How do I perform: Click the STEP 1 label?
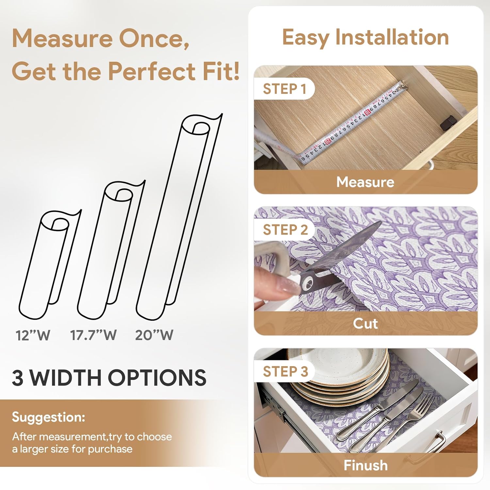(284, 89)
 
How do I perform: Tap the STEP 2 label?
(285, 230)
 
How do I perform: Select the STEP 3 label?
(285, 371)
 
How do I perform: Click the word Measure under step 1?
(365, 182)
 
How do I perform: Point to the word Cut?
(365, 323)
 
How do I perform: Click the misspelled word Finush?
(366, 465)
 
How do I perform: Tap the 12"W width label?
(33, 335)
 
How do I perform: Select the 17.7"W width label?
(93, 335)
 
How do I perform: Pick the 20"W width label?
(154, 335)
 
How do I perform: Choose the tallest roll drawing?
(176, 216)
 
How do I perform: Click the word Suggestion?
(48, 417)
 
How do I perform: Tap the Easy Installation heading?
(365, 37)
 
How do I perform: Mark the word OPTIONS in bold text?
(157, 378)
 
